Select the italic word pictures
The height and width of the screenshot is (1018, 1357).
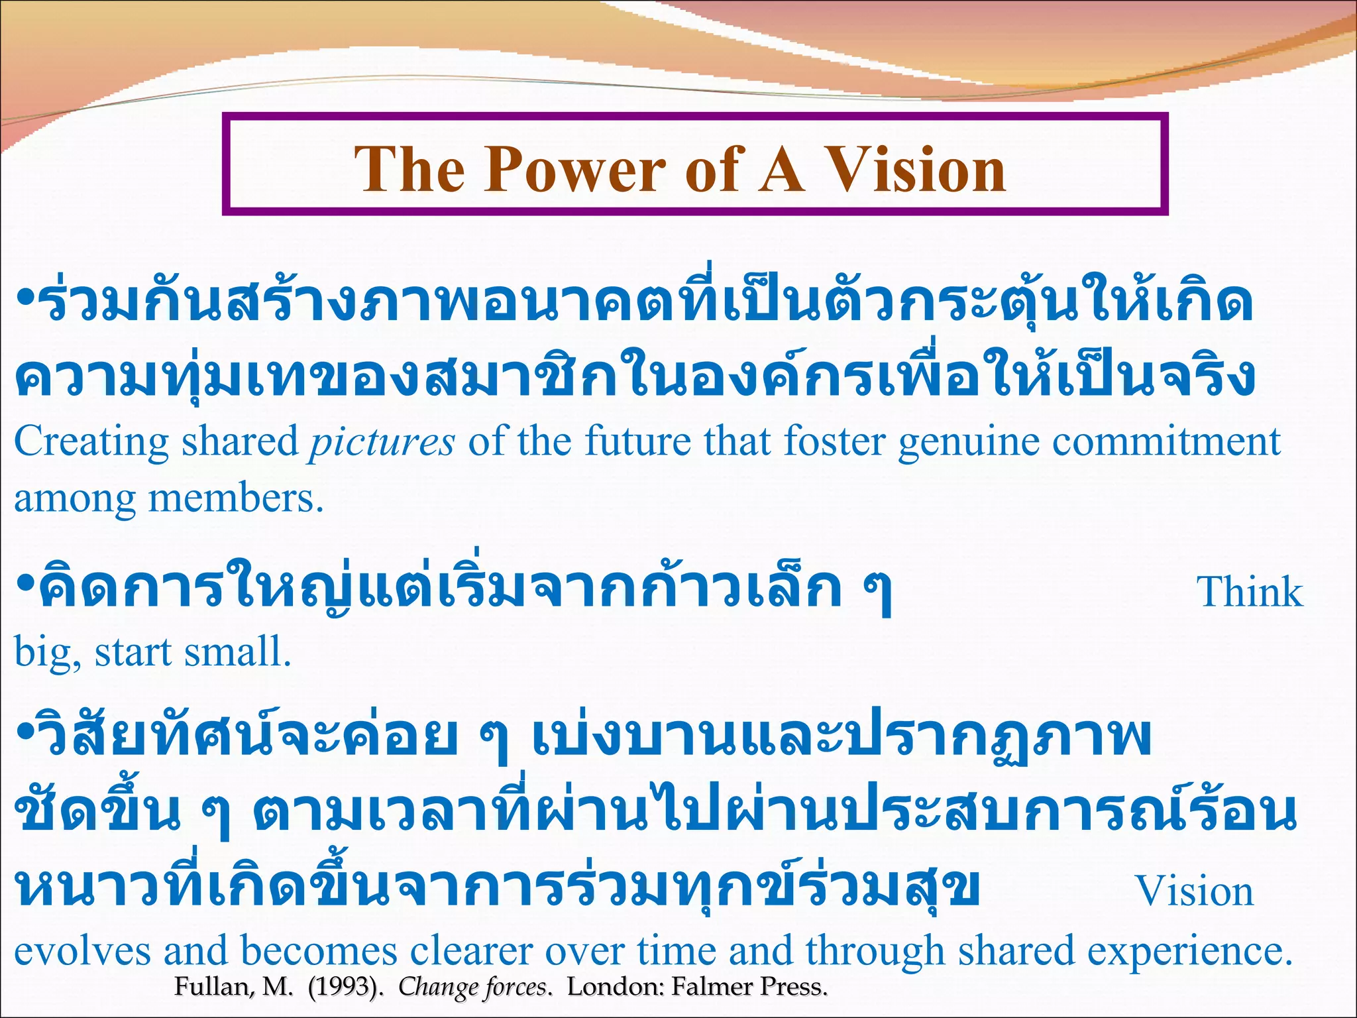tap(382, 443)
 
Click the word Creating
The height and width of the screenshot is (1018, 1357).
tap(91, 443)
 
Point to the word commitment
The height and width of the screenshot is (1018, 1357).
tap(1166, 441)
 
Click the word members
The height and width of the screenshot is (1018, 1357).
tap(235, 498)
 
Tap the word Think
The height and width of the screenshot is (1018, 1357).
tap(1250, 592)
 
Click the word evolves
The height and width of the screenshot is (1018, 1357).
tap(82, 950)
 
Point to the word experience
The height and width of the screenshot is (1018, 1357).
tap(1189, 952)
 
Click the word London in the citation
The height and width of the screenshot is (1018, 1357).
tap(616, 987)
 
